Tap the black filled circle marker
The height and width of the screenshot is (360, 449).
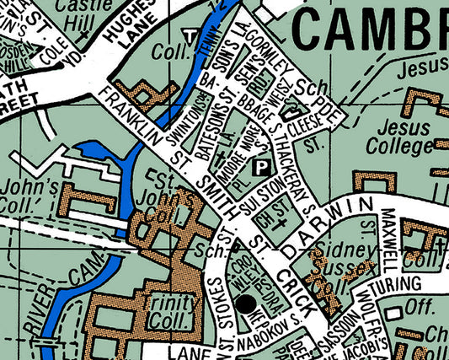point(246,304)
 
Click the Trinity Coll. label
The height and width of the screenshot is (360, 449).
point(173,311)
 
